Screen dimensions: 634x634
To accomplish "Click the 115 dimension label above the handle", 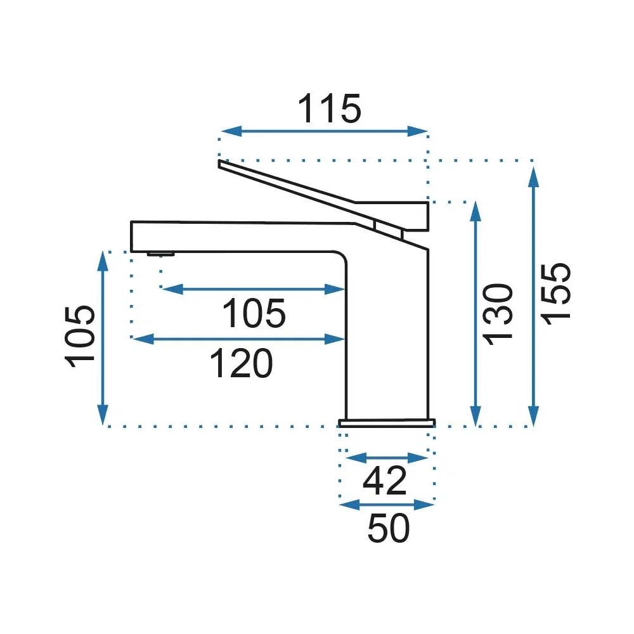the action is point(329,109).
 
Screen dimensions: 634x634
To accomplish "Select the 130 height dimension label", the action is point(498,314).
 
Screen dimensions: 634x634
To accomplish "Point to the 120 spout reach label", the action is point(242,363).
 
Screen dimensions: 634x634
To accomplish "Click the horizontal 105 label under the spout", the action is point(254,313).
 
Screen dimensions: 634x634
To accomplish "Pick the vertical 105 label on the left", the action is point(80,337).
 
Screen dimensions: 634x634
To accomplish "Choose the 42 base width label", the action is point(385,481).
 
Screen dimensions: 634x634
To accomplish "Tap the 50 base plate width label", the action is point(389,527).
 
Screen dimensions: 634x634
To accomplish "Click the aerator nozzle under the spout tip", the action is point(161,254).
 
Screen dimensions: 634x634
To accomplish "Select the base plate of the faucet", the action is point(387,423).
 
